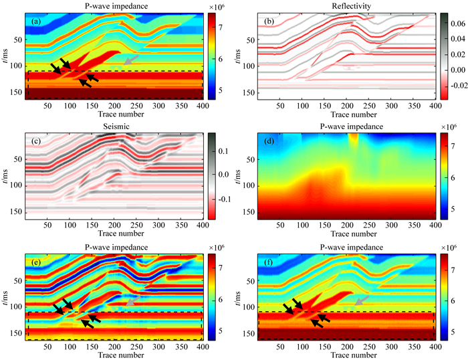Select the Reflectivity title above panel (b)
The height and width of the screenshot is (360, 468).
pos(346,5)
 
